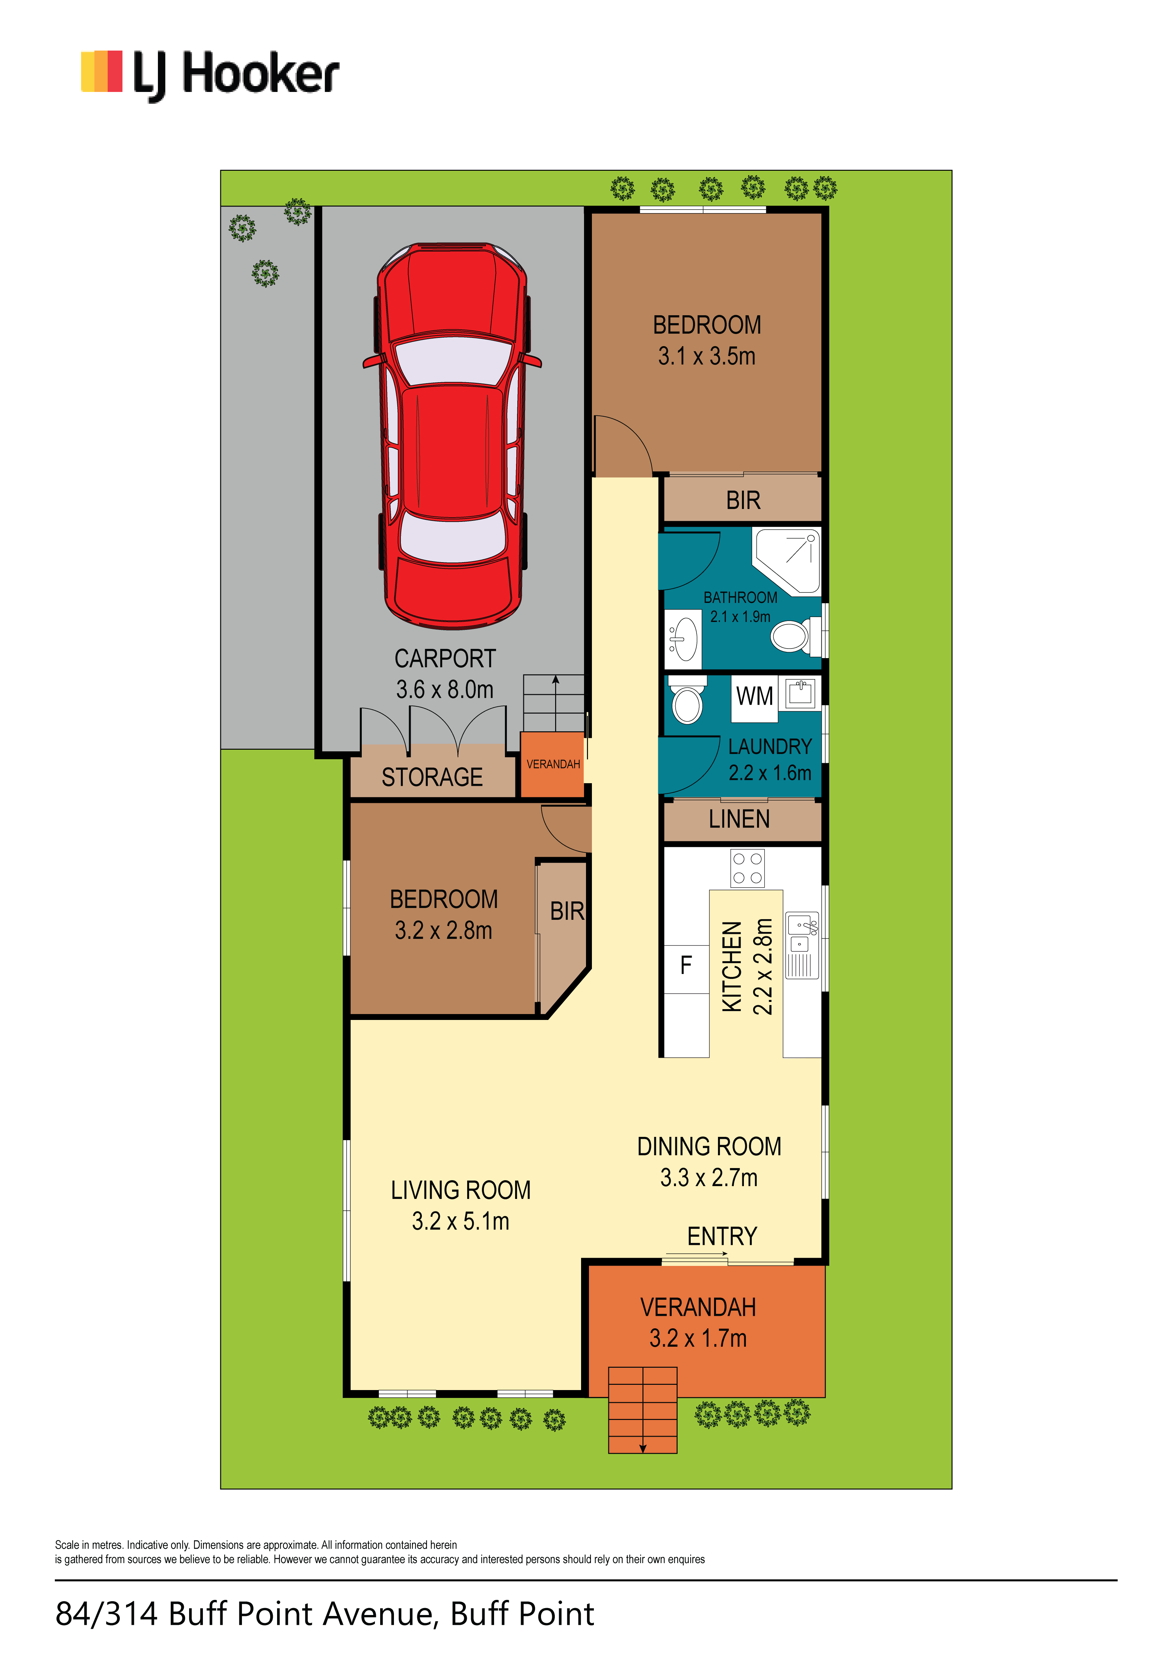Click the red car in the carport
point(452,435)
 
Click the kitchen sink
point(802,945)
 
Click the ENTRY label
point(722,1236)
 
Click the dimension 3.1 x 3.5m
point(707,356)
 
